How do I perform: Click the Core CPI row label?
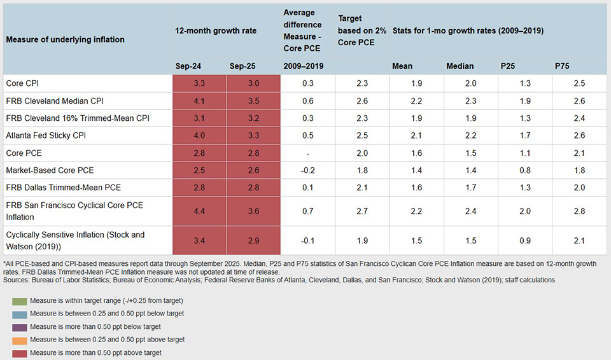(x=24, y=83)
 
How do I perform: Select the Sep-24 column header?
(x=188, y=66)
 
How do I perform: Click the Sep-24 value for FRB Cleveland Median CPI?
(x=199, y=100)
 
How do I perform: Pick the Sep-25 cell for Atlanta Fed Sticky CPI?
(x=253, y=135)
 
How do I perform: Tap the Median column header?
(x=459, y=66)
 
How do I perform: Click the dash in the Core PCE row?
(x=307, y=153)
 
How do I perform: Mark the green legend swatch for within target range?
(x=19, y=300)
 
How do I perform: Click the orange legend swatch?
(x=19, y=340)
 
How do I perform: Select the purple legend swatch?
(x=19, y=327)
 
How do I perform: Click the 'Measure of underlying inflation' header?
(x=65, y=39)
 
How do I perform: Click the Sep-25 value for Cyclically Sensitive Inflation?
(x=253, y=240)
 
